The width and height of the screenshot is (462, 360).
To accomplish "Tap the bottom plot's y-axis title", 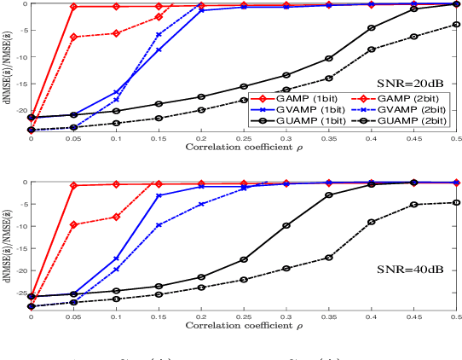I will click(7, 245).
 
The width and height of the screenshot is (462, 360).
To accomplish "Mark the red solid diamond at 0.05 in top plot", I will click(74, 7).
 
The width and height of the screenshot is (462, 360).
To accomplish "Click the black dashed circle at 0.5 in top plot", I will click(456, 25).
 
